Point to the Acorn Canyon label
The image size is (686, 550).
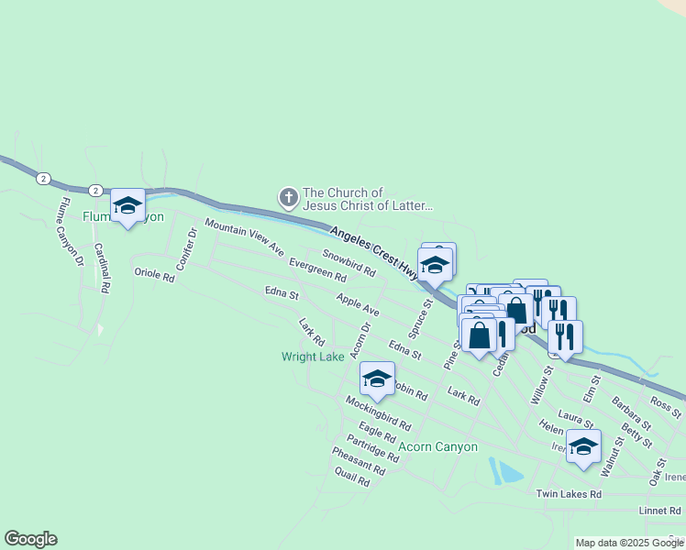(438, 447)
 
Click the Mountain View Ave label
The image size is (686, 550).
(245, 237)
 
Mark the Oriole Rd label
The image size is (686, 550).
(154, 273)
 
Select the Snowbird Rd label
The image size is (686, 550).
(349, 263)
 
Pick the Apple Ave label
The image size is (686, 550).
(358, 305)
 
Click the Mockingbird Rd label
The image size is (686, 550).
(378, 413)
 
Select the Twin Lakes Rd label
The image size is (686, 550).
(569, 494)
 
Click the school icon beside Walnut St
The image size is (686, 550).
(583, 448)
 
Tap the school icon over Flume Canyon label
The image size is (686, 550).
(127, 206)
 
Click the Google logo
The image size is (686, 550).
(30, 539)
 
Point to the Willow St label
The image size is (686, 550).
(542, 386)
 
